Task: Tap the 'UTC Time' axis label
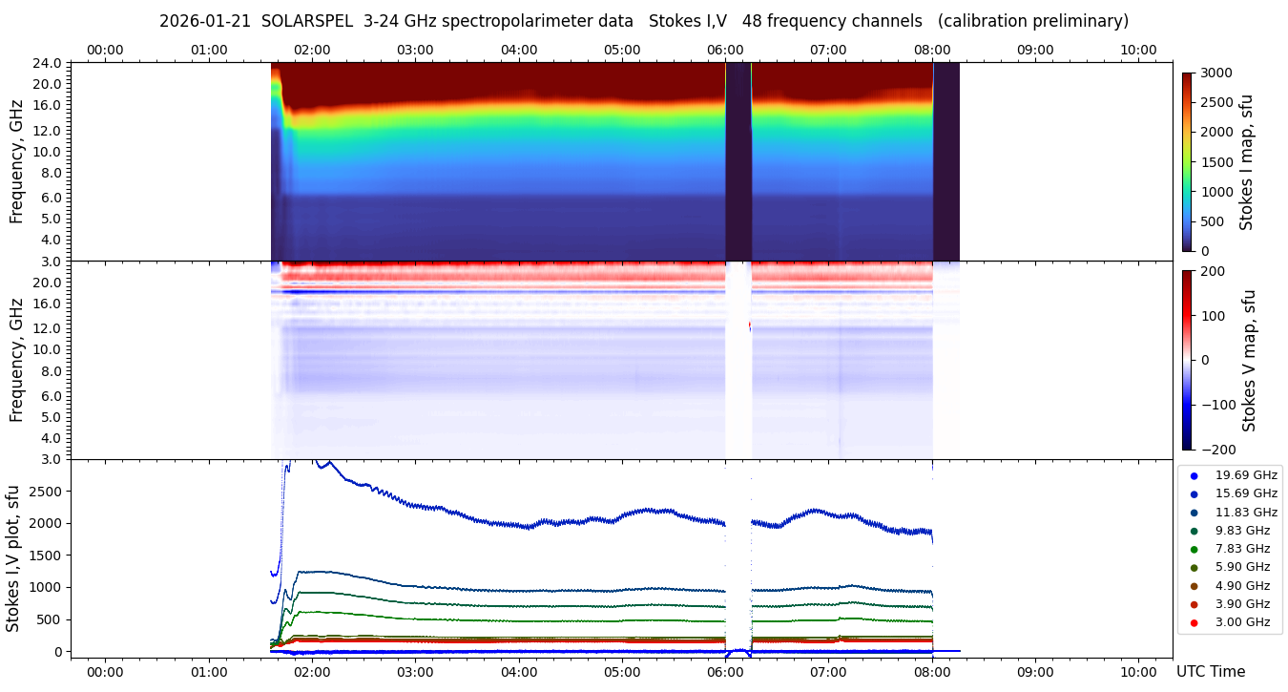[x=1211, y=672]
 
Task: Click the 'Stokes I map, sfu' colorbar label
[x=1246, y=162]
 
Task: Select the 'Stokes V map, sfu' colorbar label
[x=1249, y=360]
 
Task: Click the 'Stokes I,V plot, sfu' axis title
[x=13, y=558]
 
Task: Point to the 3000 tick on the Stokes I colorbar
[x=1216, y=73]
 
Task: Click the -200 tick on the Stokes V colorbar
[x=1216, y=450]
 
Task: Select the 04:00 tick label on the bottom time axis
[x=518, y=672]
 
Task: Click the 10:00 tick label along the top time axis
[x=1138, y=50]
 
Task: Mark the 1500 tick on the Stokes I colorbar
[x=1216, y=162]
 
